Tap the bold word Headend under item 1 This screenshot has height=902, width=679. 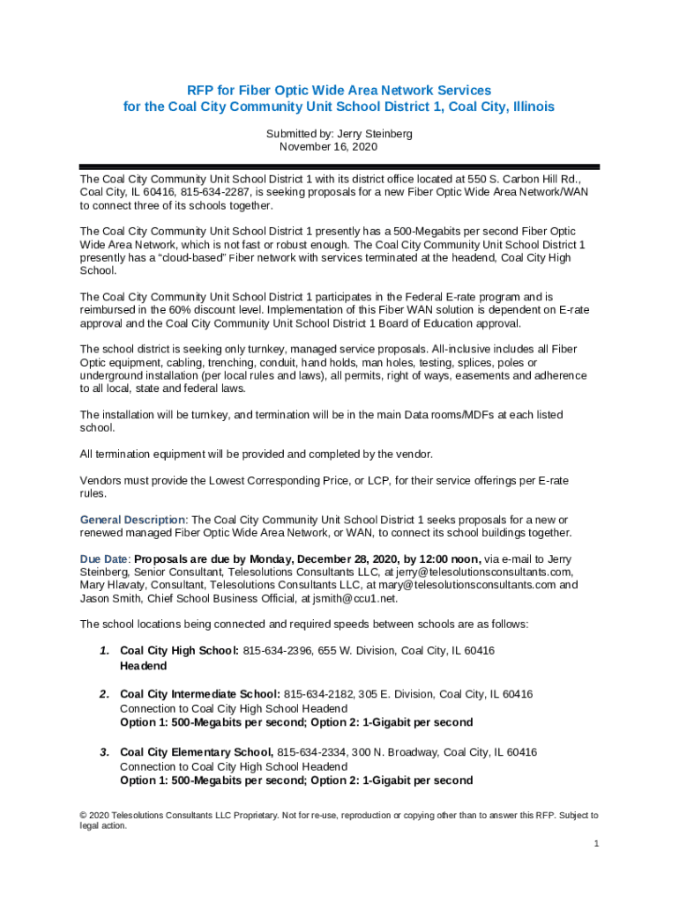tap(143, 666)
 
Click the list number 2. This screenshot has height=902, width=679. tap(103, 694)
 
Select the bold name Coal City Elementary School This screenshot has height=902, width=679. tap(196, 752)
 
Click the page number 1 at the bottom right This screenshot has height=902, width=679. tap(596, 844)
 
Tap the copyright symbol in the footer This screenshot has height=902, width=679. tap(84, 816)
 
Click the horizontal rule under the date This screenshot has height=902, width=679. tap(339, 166)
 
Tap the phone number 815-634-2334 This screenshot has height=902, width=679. tap(313, 752)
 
